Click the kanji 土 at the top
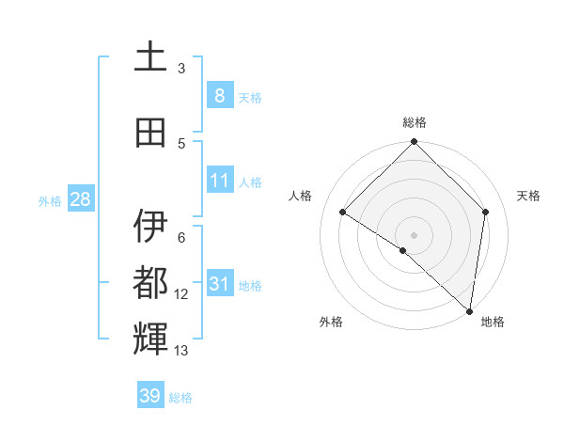pyautogui.click(x=150, y=57)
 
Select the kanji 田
pyautogui.click(x=150, y=133)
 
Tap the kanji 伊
pyautogui.click(x=150, y=226)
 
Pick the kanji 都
pyautogui.click(x=150, y=281)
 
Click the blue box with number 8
pyautogui.click(x=219, y=96)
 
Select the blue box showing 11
pyautogui.click(x=219, y=181)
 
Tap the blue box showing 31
pyautogui.click(x=219, y=284)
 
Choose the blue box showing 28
pyautogui.click(x=79, y=199)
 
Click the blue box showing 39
pyautogui.click(x=150, y=396)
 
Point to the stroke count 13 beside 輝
pyautogui.click(x=181, y=351)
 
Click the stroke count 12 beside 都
pyautogui.click(x=181, y=294)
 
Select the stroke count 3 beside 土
pyautogui.click(x=181, y=69)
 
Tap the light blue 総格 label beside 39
pyautogui.click(x=180, y=398)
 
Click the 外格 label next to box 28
pyautogui.click(x=49, y=200)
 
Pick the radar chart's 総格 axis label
pyautogui.click(x=414, y=122)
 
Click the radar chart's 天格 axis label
pyautogui.click(x=528, y=196)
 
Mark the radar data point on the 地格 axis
pyautogui.click(x=469, y=310)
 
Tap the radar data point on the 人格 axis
pyautogui.click(x=343, y=213)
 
